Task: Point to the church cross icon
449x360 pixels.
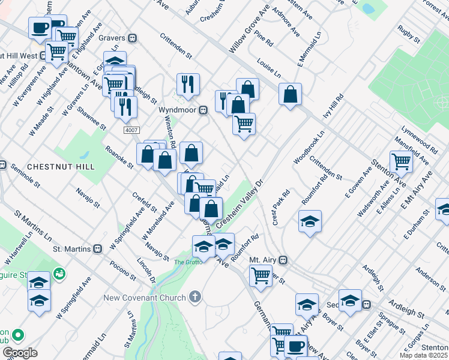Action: pyautogui.click(x=194, y=296)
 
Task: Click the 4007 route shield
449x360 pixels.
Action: pyautogui.click(x=131, y=130)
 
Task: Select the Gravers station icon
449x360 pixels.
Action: pyautogui.click(x=133, y=38)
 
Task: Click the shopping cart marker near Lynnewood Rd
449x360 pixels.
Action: pyautogui.click(x=400, y=160)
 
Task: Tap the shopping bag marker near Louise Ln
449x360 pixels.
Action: pyautogui.click(x=290, y=94)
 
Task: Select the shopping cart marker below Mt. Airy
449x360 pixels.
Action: pyautogui.click(x=261, y=275)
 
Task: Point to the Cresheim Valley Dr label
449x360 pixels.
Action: pyautogui.click(x=240, y=204)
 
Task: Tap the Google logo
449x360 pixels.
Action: pyautogui.click(x=20, y=353)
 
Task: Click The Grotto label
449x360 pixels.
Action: pyautogui.click(x=185, y=262)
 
